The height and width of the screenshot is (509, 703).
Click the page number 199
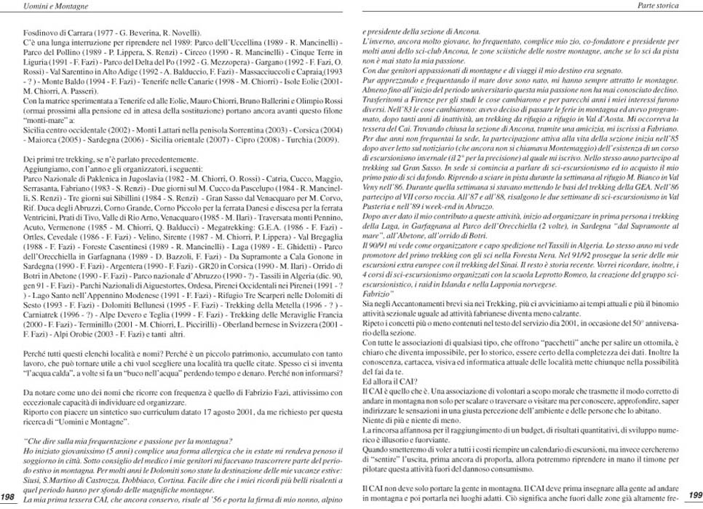[694, 494]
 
